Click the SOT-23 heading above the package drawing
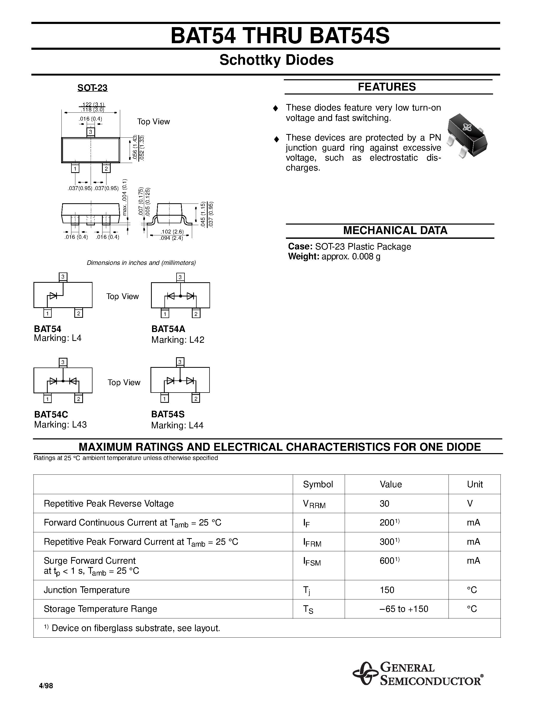(92, 88)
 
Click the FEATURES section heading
(387, 87)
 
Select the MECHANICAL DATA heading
(395, 230)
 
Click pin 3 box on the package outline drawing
(91, 132)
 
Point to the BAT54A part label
(168, 329)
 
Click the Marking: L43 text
(60, 424)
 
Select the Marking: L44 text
(177, 425)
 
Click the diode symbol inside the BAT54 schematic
(53, 295)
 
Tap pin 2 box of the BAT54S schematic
(196, 399)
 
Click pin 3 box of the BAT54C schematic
(63, 362)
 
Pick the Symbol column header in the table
(318, 484)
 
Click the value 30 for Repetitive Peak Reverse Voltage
(384, 504)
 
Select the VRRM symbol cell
(314, 504)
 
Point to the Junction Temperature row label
(87, 590)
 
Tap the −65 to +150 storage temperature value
(404, 609)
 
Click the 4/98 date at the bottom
(46, 686)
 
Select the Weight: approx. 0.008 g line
(334, 256)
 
